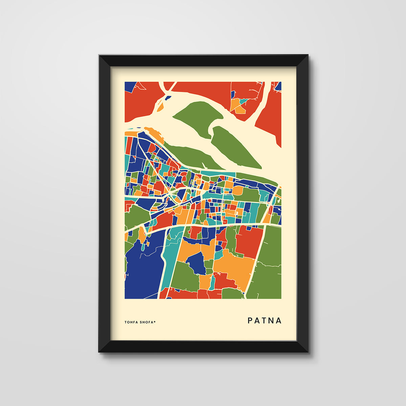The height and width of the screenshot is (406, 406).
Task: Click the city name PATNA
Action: tap(265, 320)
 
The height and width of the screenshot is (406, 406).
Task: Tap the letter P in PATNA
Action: tap(250, 320)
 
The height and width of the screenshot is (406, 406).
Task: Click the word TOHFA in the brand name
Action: tap(131, 322)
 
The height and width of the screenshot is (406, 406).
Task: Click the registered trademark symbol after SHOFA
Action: tap(155, 321)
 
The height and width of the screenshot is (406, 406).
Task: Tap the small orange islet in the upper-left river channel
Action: tap(160, 108)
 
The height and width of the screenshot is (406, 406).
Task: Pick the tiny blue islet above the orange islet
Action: tap(166, 98)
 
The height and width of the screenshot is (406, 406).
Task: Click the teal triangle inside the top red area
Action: tap(243, 101)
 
